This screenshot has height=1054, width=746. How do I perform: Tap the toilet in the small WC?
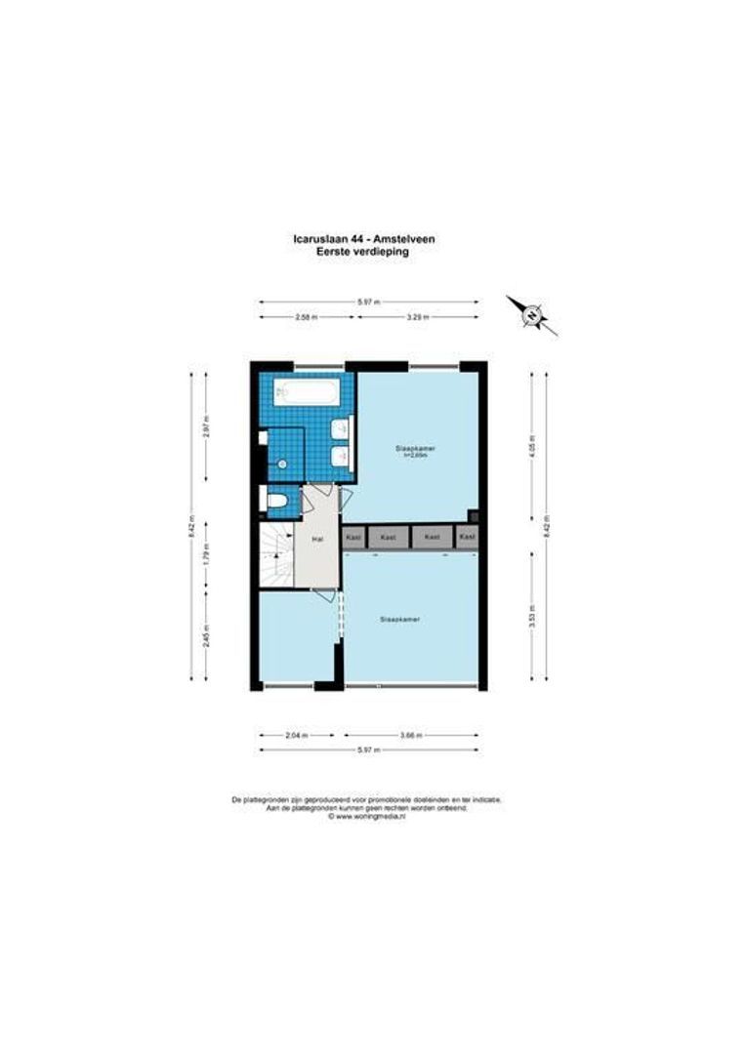click(276, 502)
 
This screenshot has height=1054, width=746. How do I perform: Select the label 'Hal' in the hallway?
click(317, 538)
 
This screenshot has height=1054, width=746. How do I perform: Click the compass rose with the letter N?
click(532, 314)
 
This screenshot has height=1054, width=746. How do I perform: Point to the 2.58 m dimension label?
click(307, 316)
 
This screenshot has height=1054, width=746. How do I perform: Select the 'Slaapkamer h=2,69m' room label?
click(415, 450)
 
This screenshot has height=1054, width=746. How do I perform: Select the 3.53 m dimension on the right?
click(532, 616)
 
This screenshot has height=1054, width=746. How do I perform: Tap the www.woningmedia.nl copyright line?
click(367, 817)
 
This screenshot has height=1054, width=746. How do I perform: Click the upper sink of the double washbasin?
click(339, 428)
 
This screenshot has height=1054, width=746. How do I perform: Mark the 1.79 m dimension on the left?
click(207, 563)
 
